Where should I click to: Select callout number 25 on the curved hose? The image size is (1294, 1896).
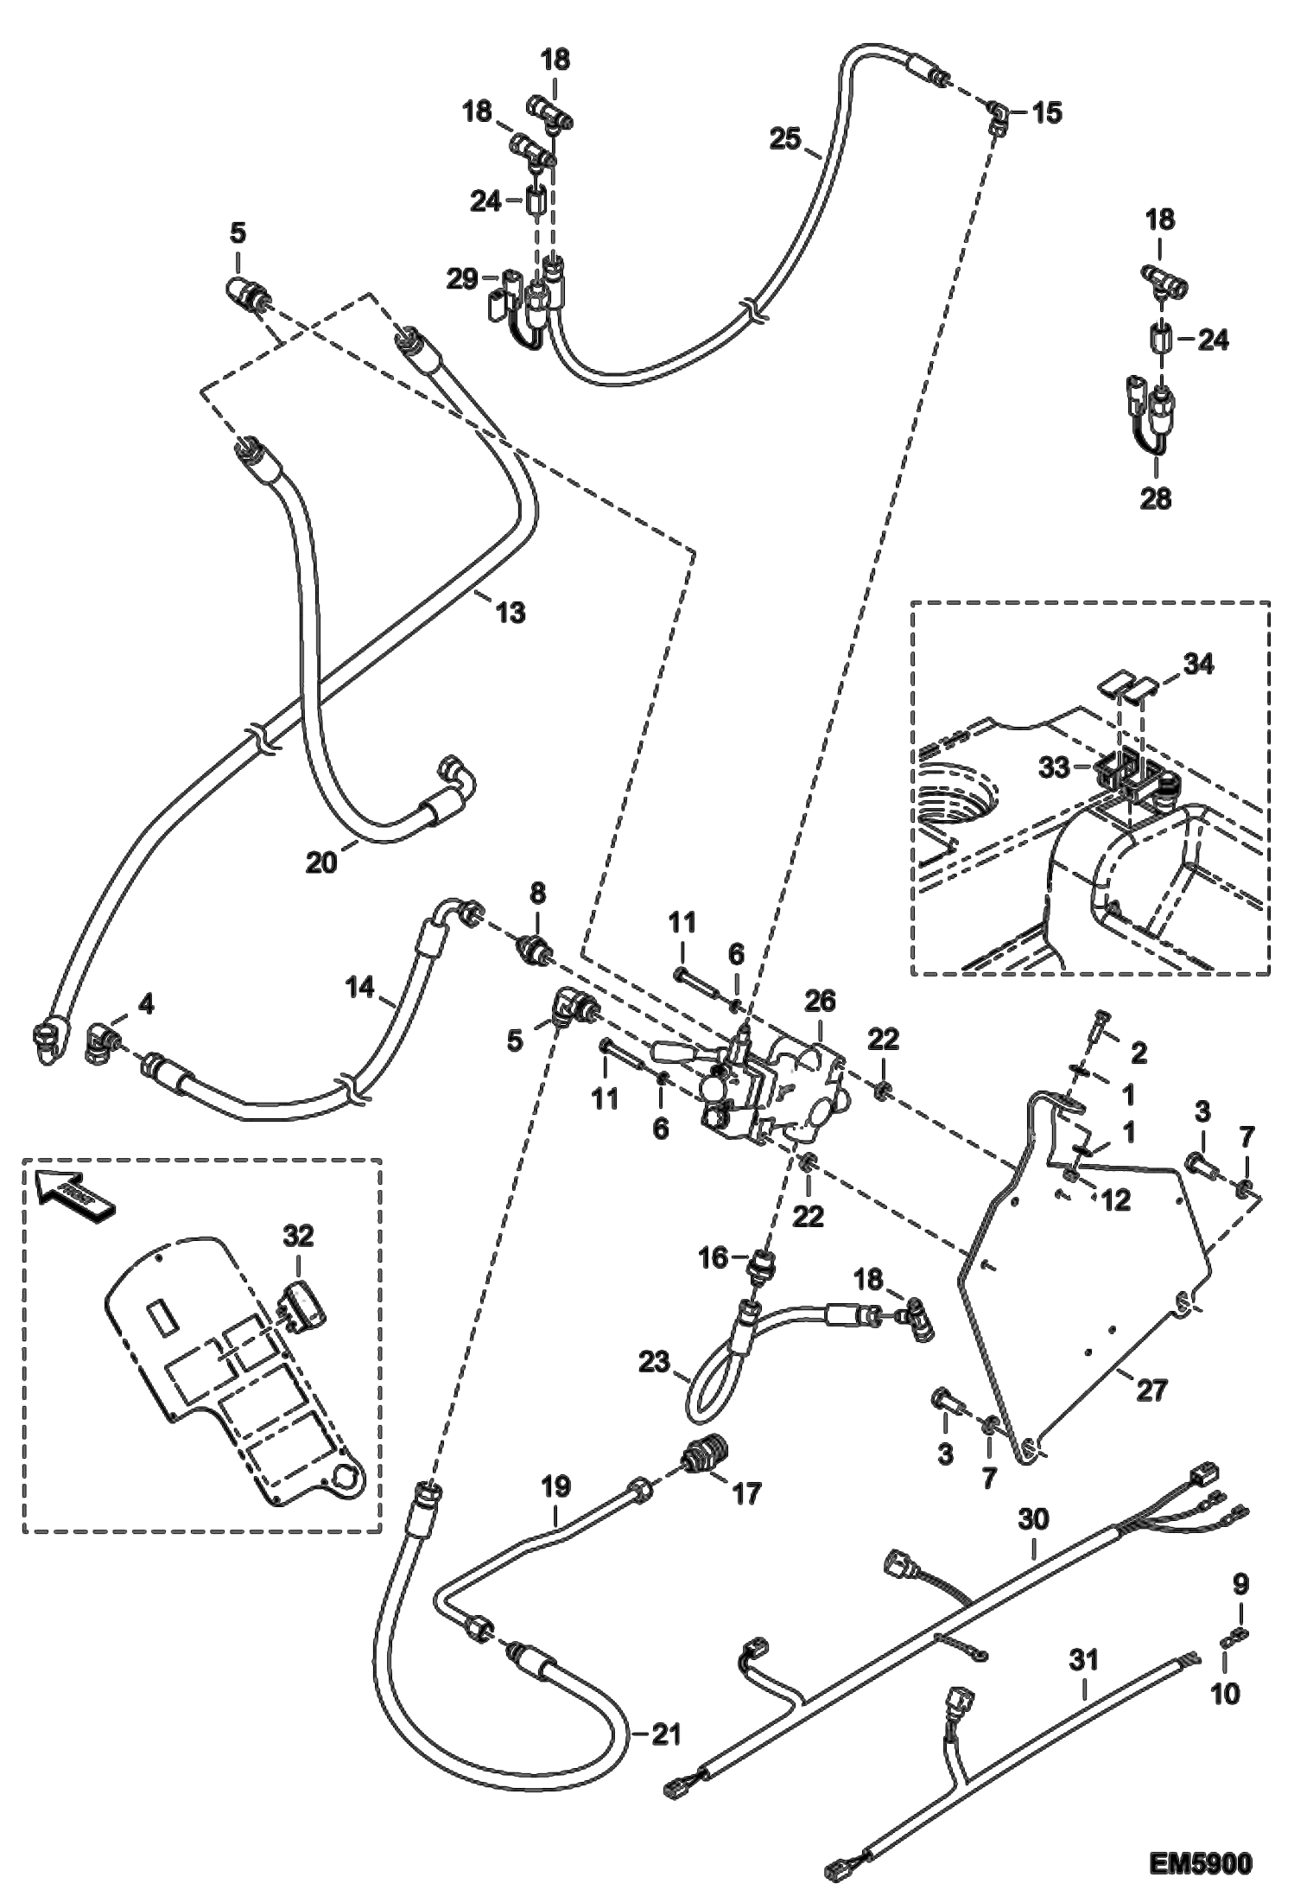(x=785, y=138)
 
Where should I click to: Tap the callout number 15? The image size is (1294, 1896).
(x=1047, y=113)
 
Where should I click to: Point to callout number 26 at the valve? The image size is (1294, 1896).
(x=820, y=1002)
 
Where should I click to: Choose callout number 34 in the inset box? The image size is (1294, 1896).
(x=1198, y=665)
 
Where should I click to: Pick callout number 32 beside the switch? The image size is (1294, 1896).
(x=298, y=1237)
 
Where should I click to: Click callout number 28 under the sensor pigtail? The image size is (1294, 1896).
(x=1156, y=499)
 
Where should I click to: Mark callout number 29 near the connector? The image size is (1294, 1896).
(x=462, y=279)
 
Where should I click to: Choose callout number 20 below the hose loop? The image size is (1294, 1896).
(x=321, y=862)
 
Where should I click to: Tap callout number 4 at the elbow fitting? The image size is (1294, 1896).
(x=147, y=1003)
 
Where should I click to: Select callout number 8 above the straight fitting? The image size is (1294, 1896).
(x=537, y=893)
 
